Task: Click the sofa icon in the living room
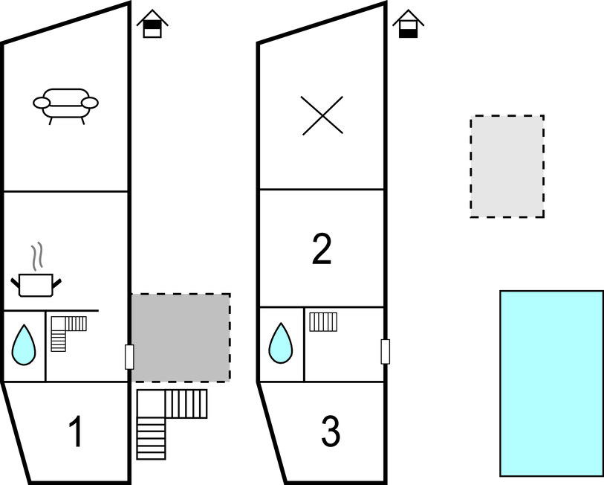point(65,105)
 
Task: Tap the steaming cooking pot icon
point(36,283)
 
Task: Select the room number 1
point(76,432)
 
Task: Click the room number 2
point(322,250)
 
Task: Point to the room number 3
point(331,431)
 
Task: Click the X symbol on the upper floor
point(322,116)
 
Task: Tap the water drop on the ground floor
point(24,345)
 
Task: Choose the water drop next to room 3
point(281,344)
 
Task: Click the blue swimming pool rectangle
point(551,382)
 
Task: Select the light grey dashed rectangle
point(507,166)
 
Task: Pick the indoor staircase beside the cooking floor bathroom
point(64,331)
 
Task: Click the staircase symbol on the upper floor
point(323,322)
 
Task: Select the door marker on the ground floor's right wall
point(129,357)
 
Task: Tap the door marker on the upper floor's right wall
point(385,351)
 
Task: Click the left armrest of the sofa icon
point(41,103)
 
